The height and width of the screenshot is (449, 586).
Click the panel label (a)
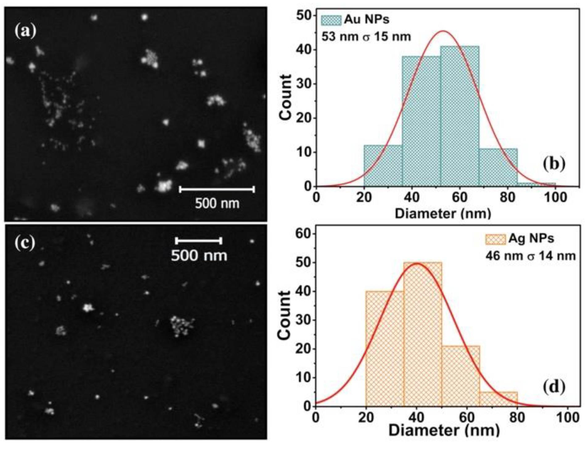(25, 31)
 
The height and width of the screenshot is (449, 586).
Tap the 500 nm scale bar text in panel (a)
(217, 204)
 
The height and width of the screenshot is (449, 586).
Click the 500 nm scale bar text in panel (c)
(199, 256)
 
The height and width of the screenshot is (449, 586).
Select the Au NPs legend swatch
(331, 20)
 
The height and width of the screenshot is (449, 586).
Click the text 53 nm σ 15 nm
(366, 37)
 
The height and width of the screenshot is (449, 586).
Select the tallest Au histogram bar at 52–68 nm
(460, 117)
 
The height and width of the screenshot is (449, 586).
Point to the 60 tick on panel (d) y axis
(304, 234)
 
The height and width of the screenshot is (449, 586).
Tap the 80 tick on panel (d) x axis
(517, 418)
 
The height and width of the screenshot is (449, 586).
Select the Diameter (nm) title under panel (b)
(443, 213)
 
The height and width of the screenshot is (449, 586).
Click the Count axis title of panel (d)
(285, 315)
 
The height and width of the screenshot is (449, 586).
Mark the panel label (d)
(554, 386)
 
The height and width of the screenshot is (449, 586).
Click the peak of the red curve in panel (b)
(443, 31)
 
